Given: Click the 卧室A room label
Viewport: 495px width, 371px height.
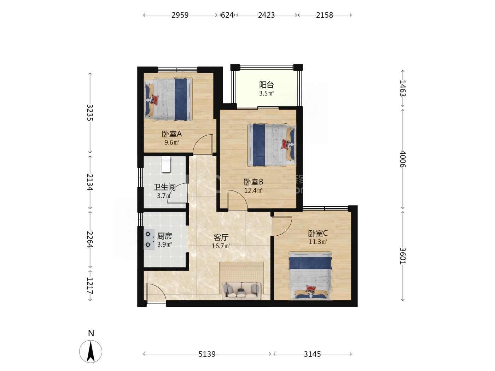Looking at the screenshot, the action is pos(171,134).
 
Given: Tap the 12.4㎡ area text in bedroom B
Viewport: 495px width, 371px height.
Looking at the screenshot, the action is pos(254,190).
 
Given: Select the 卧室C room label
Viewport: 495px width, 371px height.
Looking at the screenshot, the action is pos(318,233).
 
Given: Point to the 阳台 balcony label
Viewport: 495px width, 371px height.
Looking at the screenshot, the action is pos(266,85).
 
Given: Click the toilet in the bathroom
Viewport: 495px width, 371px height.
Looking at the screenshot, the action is pos(166,164).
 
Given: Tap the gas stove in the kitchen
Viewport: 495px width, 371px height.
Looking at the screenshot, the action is pos(149,240).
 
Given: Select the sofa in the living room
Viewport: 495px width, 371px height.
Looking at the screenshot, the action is pos(241,291).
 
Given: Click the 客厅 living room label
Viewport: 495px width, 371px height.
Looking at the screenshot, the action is pos(221,237).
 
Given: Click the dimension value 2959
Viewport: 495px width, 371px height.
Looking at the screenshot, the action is pos(180,15).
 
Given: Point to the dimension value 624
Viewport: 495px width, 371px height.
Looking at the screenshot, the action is pos(227,15).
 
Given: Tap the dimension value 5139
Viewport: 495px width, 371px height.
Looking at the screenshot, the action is pos(207,354).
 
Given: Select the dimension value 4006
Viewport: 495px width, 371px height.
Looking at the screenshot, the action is pos(403,159).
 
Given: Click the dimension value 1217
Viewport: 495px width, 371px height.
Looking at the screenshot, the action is pos(90,285).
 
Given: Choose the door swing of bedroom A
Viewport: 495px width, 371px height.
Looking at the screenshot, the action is pos(203,144).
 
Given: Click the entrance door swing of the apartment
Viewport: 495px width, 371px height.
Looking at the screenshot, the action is pos(156,293).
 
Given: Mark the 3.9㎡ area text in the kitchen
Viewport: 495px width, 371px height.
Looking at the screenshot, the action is pos(165,245).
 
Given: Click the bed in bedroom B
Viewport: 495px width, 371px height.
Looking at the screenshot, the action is pos(272,145).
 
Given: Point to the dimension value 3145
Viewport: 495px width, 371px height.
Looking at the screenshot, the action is pos(312,354).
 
